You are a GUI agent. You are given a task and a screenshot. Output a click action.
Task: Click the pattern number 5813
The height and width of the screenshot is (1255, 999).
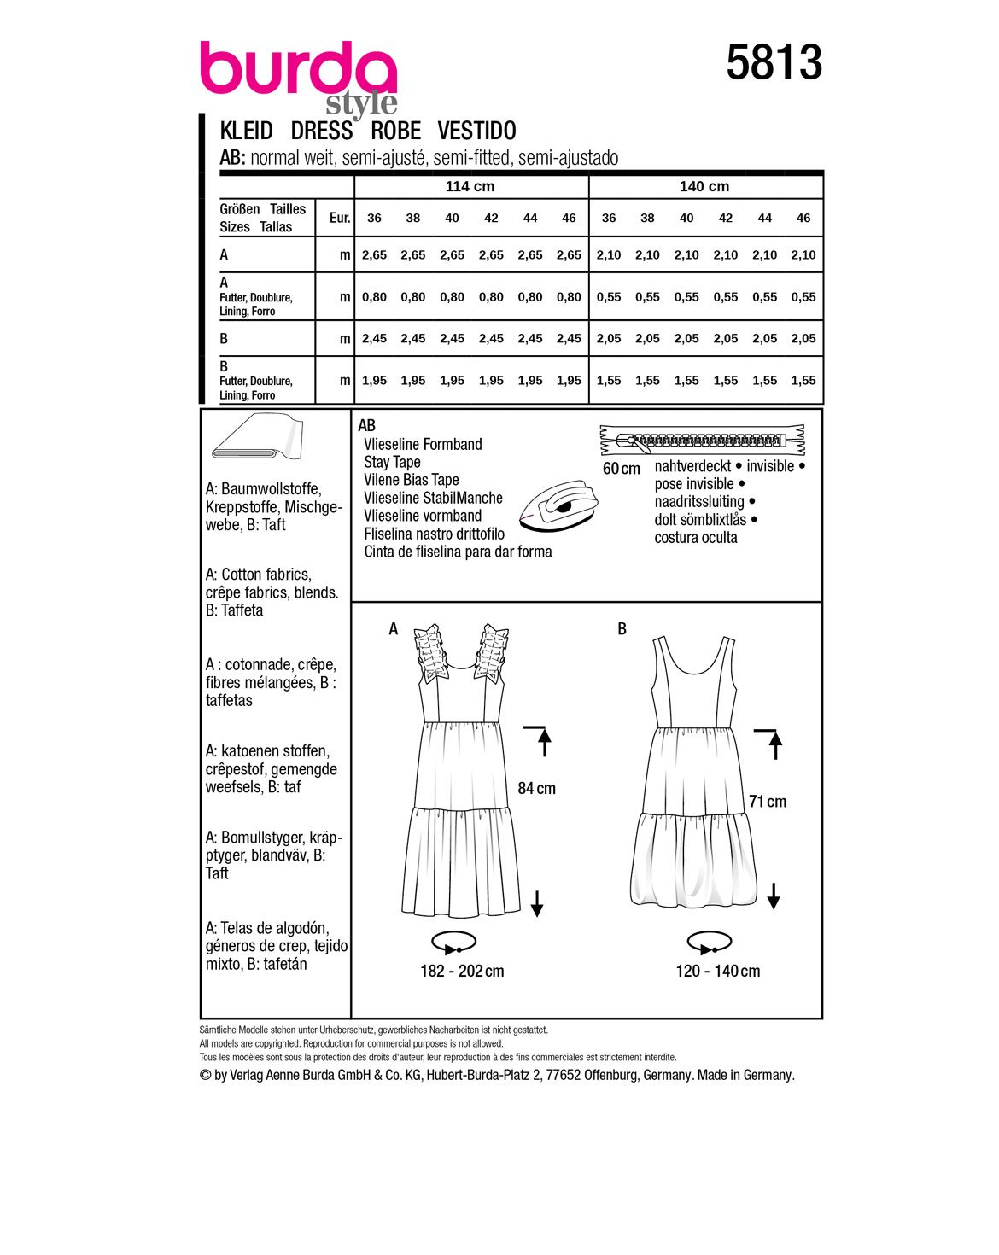pos(774,63)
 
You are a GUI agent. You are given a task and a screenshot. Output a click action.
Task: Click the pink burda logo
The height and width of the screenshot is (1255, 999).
pos(298,70)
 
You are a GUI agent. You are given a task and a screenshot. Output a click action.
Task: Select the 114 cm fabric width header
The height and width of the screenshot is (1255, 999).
pos(470,187)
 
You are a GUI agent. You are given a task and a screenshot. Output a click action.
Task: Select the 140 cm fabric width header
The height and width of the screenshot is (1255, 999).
pos(704,187)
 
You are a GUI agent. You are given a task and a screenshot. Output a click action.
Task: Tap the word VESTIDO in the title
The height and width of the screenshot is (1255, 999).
pos(476,131)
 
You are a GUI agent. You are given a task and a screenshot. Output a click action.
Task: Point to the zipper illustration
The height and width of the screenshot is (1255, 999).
pos(704,441)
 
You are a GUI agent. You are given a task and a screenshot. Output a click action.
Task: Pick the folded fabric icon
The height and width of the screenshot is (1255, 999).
pos(256,438)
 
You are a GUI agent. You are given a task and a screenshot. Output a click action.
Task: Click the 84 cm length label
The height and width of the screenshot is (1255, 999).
pos(536,789)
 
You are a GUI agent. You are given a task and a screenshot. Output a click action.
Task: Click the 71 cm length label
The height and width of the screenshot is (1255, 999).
pos(767,802)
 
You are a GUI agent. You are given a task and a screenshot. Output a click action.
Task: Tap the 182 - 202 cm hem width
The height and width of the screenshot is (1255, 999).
pos(462,972)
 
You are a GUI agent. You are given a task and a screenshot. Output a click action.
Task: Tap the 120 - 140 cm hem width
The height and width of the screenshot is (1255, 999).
pos(717,972)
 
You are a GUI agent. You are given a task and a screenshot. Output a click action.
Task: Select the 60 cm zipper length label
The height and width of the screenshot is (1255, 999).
pos(621,469)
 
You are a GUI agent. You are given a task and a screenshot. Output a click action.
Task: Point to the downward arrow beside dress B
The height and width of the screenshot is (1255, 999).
pos(774,896)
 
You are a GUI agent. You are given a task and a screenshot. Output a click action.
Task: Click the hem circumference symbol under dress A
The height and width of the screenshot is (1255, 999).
pos(453,943)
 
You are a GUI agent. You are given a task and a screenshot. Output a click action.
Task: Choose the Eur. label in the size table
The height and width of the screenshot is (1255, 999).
pos(340,218)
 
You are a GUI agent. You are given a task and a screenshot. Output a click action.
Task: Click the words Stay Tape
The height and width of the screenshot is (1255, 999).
pos(392,462)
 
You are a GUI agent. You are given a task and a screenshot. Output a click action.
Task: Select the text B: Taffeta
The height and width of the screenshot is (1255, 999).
pos(234,610)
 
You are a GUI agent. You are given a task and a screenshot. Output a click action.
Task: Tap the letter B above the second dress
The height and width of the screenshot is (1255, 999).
pos(622,629)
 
